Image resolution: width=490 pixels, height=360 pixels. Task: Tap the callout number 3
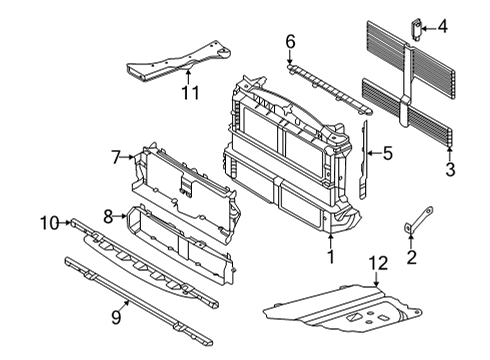tap(450, 171)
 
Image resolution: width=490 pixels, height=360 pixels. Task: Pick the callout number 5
tap(387, 154)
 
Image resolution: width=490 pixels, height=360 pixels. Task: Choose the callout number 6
tap(290, 41)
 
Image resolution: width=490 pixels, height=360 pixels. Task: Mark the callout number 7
tap(116, 156)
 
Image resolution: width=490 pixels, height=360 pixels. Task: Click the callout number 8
tap(108, 215)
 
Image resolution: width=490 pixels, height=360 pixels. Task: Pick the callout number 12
tap(376, 264)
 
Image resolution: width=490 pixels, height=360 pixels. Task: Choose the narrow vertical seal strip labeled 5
tap(364, 160)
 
